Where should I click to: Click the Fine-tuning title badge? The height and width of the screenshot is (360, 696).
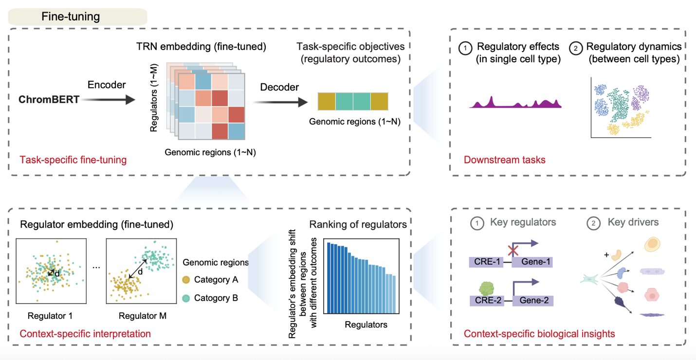pos(78,17)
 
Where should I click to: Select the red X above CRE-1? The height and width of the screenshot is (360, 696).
pos(512,251)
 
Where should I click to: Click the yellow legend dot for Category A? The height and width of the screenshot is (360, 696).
pos(185,280)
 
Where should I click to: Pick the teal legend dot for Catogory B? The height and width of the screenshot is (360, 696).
pos(185,298)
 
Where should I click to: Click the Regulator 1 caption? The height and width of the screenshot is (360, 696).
pos(50,316)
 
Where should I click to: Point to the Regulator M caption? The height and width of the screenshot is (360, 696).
pos(143,316)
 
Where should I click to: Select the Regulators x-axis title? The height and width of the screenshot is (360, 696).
pos(366,324)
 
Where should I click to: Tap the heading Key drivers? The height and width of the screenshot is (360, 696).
pos(633,223)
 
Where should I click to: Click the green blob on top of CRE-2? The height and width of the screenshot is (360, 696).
pos(487,287)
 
